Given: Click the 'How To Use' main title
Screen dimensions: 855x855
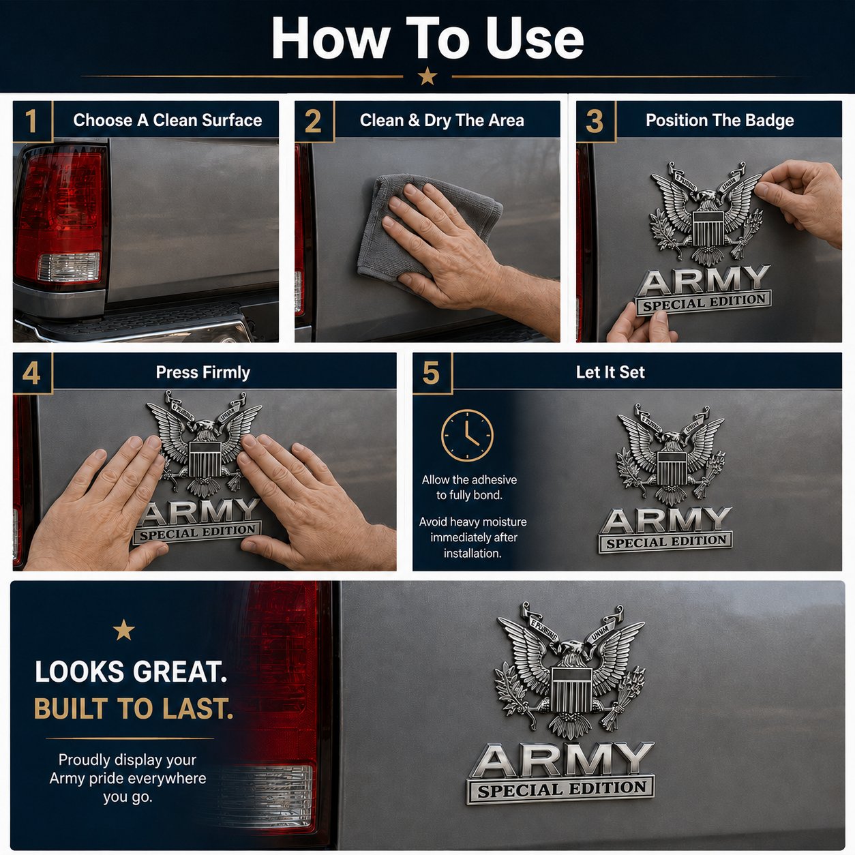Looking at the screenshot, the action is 427,39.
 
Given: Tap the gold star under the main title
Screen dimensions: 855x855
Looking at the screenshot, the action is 427,76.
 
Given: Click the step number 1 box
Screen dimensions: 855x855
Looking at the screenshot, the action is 33,121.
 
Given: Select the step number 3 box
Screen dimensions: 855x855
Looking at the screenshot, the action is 596,121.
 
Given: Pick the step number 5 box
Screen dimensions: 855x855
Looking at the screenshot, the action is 432,373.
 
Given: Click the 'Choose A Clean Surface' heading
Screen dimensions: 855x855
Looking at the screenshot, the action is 168,120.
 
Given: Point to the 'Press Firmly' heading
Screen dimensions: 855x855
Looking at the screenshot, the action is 202,372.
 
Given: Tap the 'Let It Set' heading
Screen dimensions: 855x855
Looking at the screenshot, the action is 610,372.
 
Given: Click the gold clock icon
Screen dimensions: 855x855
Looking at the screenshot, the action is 467,435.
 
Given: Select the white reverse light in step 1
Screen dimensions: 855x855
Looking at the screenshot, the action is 69,267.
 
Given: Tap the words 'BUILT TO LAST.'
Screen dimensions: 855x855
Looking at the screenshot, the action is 134,708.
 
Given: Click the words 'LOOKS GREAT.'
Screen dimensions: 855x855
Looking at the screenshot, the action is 131,672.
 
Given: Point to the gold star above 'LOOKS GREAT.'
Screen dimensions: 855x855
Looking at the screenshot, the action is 124,630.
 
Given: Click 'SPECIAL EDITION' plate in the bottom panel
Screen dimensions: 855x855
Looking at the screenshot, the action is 560,790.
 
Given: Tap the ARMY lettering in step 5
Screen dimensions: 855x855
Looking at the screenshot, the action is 665,522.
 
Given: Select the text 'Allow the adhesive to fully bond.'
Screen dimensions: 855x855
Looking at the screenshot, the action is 469,487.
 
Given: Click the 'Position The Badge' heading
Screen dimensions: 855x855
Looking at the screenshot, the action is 720,120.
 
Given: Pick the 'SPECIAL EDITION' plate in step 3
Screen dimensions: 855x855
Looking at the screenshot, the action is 704,303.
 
